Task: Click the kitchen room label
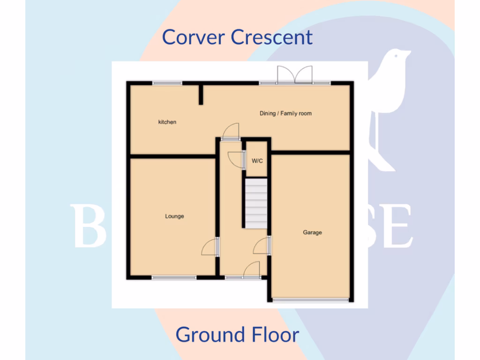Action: pyautogui.click(x=167, y=122)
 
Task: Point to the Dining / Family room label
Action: pyautogui.click(x=285, y=113)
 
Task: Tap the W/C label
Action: pyautogui.click(x=257, y=161)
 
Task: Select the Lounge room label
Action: pyautogui.click(x=174, y=217)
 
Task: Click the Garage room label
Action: pyautogui.click(x=312, y=232)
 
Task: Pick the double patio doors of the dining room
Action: pyautogui.click(x=295, y=75)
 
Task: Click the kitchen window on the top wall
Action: pyautogui.click(x=167, y=83)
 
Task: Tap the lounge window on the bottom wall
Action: pyautogui.click(x=174, y=277)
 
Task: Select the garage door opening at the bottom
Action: pyautogui.click(x=311, y=299)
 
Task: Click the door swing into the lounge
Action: pyautogui.click(x=210, y=247)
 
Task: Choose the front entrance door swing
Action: pyautogui.click(x=252, y=270)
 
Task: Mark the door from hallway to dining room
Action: pyautogui.click(x=231, y=131)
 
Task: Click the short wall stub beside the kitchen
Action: pyautogui.click(x=201, y=94)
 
